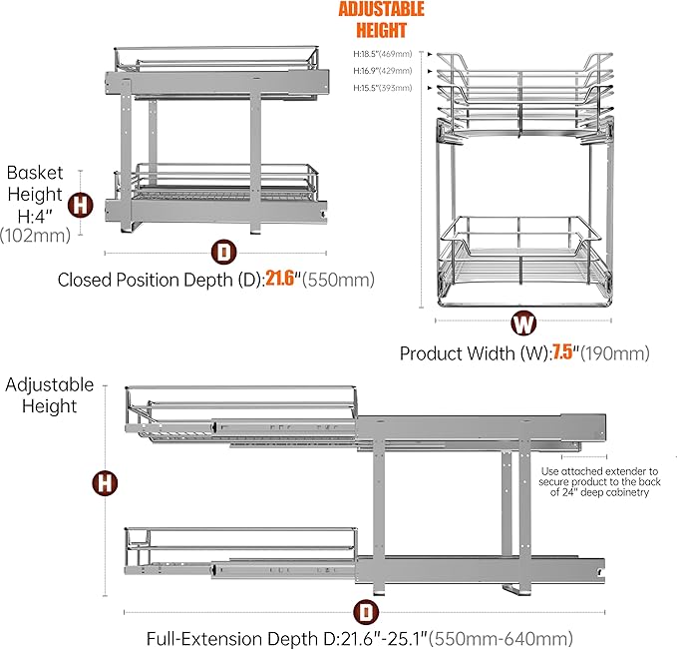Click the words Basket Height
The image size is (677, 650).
(x=34, y=183)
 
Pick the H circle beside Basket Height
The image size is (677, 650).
(x=81, y=206)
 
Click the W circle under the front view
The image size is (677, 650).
(x=522, y=323)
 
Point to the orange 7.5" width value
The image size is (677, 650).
(x=563, y=353)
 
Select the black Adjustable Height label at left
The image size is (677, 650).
(x=50, y=395)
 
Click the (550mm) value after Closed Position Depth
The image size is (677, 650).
(x=340, y=281)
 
